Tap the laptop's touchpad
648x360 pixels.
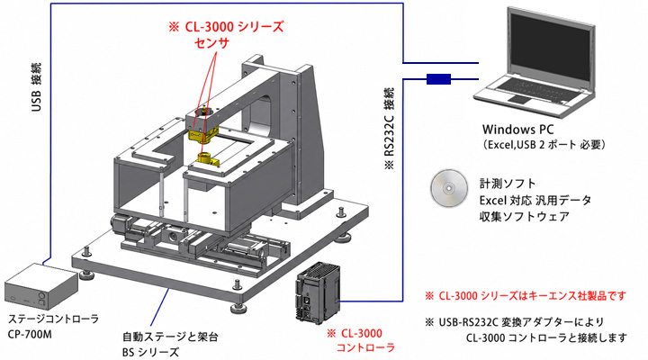click(518, 99)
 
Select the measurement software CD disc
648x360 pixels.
click(449, 188)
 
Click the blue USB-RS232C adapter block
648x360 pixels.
click(438, 79)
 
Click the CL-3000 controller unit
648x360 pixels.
click(318, 292)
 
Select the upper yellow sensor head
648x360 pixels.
click(202, 134)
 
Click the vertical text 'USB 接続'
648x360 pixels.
click(36, 87)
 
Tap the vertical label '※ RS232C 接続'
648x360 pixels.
click(390, 129)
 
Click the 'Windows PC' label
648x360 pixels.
click(517, 130)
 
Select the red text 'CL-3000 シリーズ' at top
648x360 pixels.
click(234, 27)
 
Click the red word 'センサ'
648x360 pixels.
click(211, 42)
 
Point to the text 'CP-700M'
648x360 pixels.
click(30, 334)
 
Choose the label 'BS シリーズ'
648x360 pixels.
click(151, 352)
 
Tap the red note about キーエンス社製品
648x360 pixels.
click(526, 296)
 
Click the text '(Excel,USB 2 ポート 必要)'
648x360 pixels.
click(544, 145)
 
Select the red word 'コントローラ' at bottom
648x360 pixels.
click(366, 347)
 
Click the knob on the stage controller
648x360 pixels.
click(41, 296)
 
